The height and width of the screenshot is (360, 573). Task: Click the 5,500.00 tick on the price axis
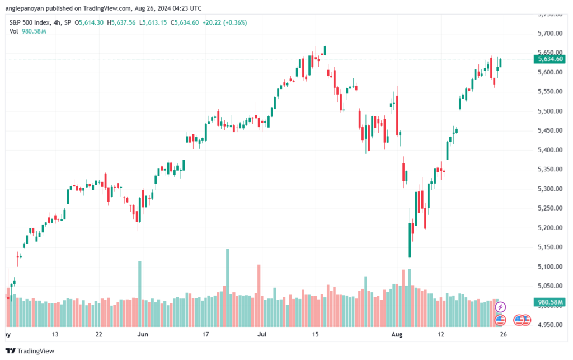click(547, 111)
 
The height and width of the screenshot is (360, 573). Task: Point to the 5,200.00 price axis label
click(547, 228)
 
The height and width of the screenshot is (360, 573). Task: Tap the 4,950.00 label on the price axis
click(547, 325)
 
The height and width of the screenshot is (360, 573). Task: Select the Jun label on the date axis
click(143, 334)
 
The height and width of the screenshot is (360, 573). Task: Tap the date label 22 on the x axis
click(98, 334)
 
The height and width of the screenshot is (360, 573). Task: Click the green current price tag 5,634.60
click(549, 59)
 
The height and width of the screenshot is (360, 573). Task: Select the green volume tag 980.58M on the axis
click(549, 302)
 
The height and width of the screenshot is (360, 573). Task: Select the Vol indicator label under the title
click(14, 31)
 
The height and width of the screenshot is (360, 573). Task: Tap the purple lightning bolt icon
click(501, 307)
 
